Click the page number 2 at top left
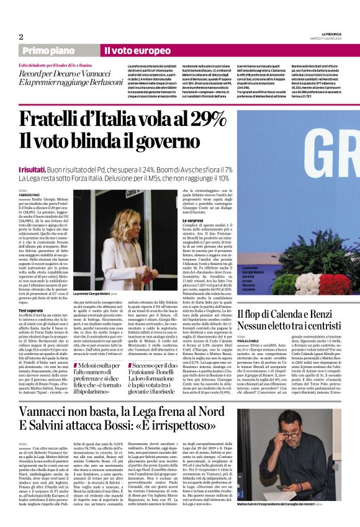pyautogui.click(x=21, y=37)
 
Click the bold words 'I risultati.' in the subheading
pyautogui.click(x=37, y=169)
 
